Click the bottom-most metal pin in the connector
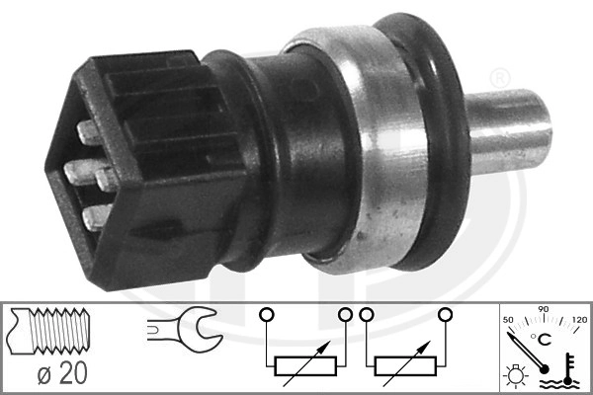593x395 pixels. click(x=95, y=215)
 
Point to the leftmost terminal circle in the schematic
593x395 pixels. click(x=265, y=315)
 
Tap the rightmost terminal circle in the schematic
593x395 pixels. click(x=446, y=315)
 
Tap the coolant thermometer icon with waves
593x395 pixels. click(x=569, y=372)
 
